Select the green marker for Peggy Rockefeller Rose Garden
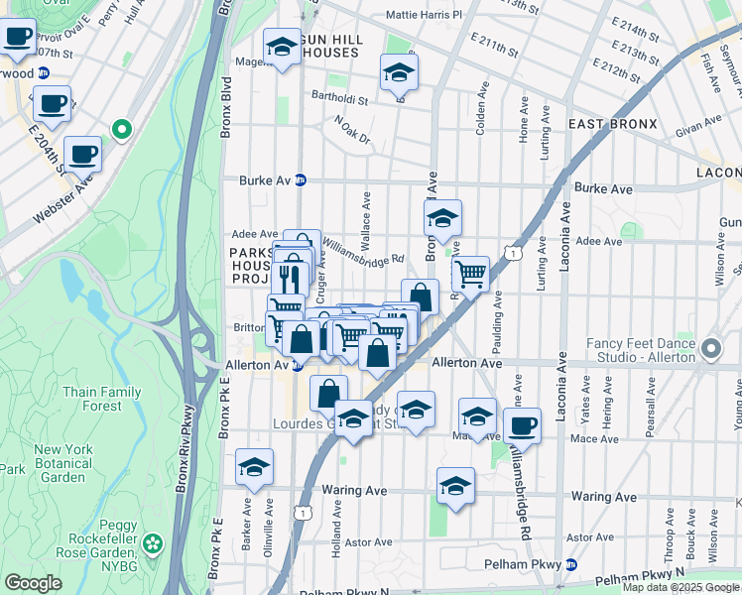[x=152, y=542]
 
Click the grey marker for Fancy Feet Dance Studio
[x=711, y=349]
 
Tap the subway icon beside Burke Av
[x=301, y=180]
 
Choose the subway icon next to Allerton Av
[x=297, y=366]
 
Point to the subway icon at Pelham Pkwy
[x=570, y=565]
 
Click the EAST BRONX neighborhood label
[x=612, y=124]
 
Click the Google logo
[x=33, y=583]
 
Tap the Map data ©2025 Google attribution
[x=681, y=587]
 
